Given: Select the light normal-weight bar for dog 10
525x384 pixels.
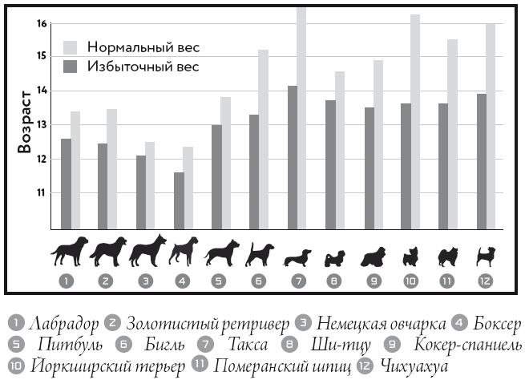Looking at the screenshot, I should tap(414, 121).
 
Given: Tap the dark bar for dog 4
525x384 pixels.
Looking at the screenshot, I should tap(178, 200).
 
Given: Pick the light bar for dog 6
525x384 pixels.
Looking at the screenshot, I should tap(263, 139).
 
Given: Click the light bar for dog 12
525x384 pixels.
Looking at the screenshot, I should tap(491, 126).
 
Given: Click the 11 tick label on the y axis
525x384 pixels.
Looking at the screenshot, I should tap(41, 193).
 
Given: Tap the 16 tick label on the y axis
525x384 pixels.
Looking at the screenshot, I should tap(41, 24).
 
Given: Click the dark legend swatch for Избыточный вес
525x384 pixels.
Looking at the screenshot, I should tap(70, 66).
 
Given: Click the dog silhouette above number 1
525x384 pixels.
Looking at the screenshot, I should tap(70, 251).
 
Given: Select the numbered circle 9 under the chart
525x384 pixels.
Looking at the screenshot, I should tap(372, 281).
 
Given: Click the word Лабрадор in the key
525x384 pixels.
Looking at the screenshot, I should tap(63, 324).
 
